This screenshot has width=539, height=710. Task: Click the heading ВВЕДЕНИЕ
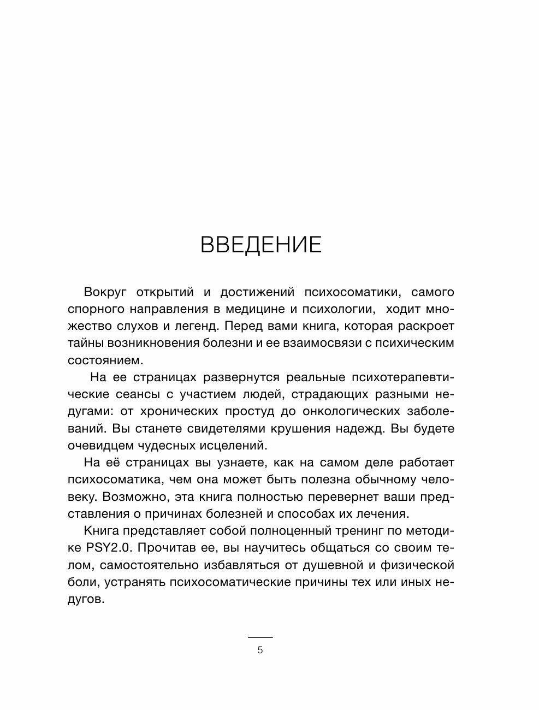pos(261,245)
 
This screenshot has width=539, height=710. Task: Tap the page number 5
pos(260,650)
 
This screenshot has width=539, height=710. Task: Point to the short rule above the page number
pos(260,637)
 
